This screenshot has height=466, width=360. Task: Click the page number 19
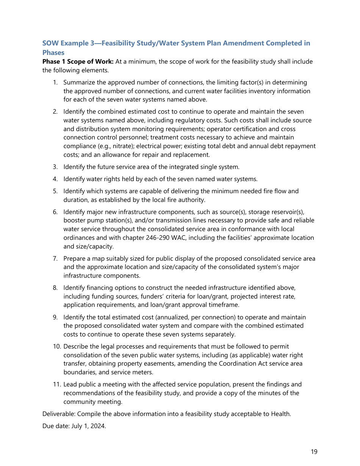point(314,452)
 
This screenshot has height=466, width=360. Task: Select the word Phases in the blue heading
point(53,53)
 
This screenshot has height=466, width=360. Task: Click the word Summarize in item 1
point(78,83)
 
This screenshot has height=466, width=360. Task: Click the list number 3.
point(55,167)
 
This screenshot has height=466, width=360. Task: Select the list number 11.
point(56,384)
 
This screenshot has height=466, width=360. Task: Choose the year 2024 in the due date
point(98,426)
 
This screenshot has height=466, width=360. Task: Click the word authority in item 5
point(193,200)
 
